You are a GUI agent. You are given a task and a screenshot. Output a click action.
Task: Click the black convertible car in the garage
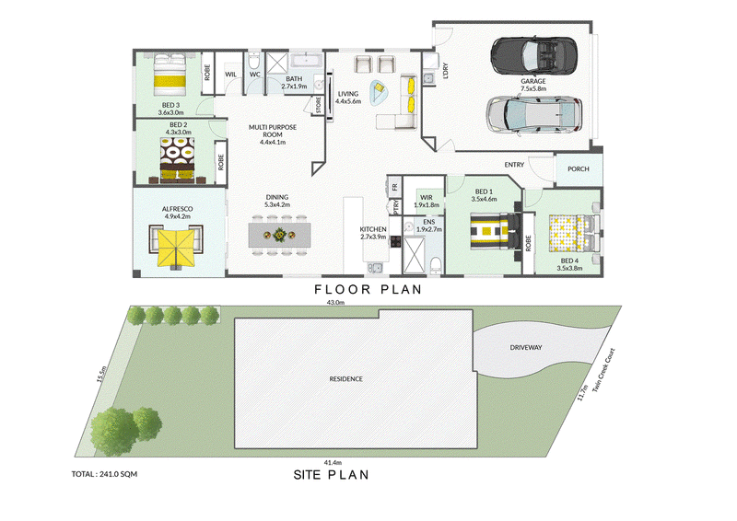click(533, 55)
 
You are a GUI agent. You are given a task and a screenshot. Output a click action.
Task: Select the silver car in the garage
click(533, 115)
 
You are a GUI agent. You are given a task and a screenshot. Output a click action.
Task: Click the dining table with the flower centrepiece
click(279, 235)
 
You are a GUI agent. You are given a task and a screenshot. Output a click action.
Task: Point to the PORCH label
click(579, 169)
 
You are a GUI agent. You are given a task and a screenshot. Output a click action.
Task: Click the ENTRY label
click(514, 165)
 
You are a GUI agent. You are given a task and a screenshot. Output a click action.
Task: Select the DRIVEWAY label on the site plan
click(526, 348)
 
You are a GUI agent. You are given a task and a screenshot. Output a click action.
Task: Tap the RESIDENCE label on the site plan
click(346, 378)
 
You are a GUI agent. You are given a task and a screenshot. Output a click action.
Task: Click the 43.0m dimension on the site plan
click(335, 303)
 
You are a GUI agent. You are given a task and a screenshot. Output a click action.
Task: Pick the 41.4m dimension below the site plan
click(333, 462)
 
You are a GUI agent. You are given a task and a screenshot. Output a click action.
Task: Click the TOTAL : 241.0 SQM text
click(104, 474)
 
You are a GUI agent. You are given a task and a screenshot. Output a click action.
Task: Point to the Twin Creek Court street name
click(603, 370)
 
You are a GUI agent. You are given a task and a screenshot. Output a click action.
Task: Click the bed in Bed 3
click(170, 75)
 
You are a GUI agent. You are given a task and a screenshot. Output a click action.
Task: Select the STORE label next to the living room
click(318, 105)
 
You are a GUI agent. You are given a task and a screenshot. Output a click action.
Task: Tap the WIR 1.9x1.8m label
click(427, 201)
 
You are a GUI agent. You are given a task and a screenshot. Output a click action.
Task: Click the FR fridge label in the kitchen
click(395, 187)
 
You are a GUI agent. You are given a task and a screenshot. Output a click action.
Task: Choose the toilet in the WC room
click(254, 64)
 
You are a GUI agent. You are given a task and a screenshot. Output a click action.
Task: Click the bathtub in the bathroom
click(307, 61)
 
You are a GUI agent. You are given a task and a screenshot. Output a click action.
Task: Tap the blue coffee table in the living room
click(380, 92)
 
